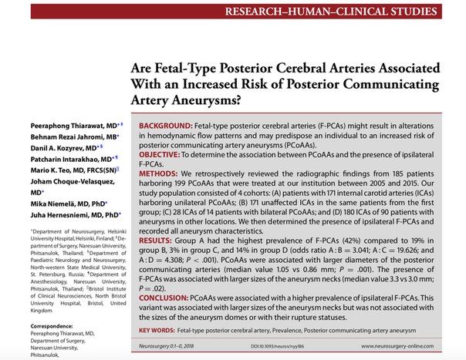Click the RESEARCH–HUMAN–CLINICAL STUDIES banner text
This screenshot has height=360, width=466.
coord(346,13)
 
